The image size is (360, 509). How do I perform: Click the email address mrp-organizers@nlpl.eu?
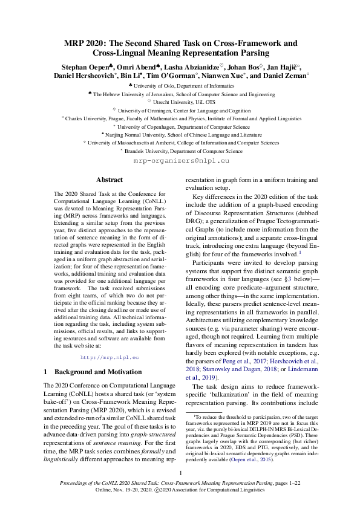click(180, 161)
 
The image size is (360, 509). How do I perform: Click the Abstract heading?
click(110, 180)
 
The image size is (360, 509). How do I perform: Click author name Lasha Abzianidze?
click(185, 66)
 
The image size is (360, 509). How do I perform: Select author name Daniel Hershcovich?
click(85, 76)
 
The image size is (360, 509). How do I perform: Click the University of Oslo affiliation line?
click(180, 86)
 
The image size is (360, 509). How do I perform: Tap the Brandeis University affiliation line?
click(180, 151)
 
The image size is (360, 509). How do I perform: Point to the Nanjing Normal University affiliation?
click(180, 135)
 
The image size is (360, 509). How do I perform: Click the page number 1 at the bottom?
click(180, 473)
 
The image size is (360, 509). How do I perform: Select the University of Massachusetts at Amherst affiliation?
click(180, 143)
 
